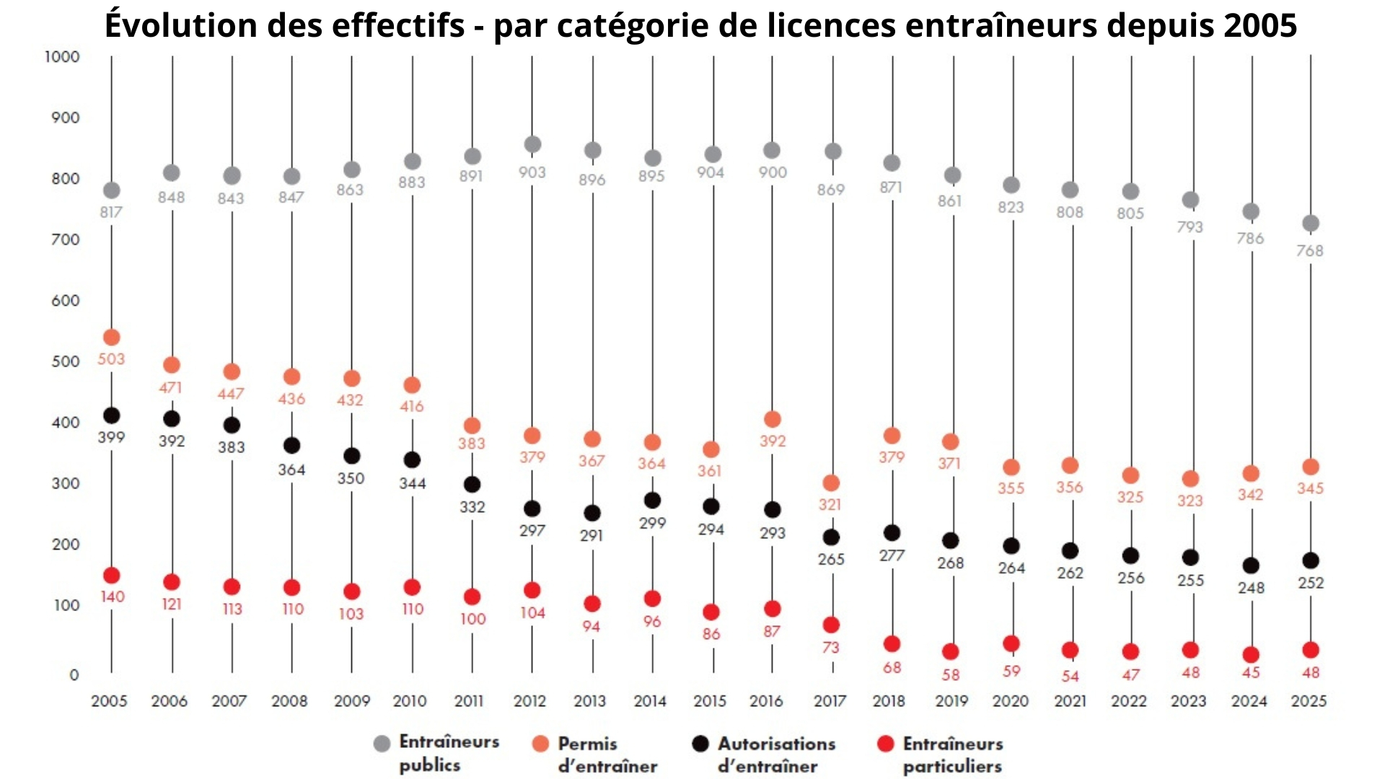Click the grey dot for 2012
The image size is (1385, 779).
532,144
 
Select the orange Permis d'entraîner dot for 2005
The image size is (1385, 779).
111,337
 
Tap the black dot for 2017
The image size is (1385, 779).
831,537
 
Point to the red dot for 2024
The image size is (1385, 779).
1251,654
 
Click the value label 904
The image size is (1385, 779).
711,172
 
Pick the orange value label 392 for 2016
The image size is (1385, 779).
773,441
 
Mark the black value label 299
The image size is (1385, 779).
652,523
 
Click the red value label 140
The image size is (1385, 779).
112,597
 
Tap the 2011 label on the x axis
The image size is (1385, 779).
469,700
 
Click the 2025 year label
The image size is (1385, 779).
1309,700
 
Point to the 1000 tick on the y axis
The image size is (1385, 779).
62,56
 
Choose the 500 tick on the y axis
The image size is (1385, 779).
65,361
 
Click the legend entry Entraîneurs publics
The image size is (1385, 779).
448,753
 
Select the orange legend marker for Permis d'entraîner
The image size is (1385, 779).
540,744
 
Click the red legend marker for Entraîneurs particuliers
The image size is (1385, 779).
885,744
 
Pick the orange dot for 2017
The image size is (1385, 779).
831,483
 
